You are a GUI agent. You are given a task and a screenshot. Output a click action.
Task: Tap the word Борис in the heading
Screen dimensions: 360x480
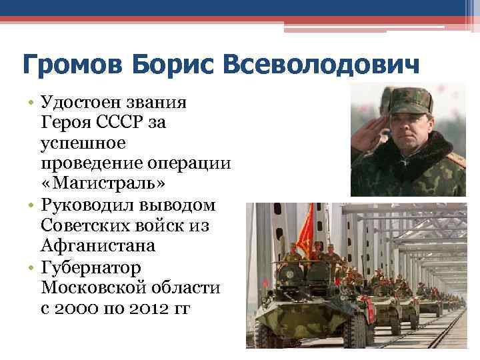point(173,67)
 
